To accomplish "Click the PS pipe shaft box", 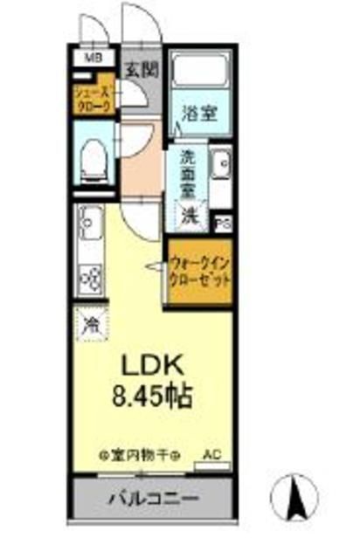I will pyautogui.click(x=222, y=223).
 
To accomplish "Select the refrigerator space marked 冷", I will pyautogui.click(x=90, y=326).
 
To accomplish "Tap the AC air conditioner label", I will pyautogui.click(x=212, y=454).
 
